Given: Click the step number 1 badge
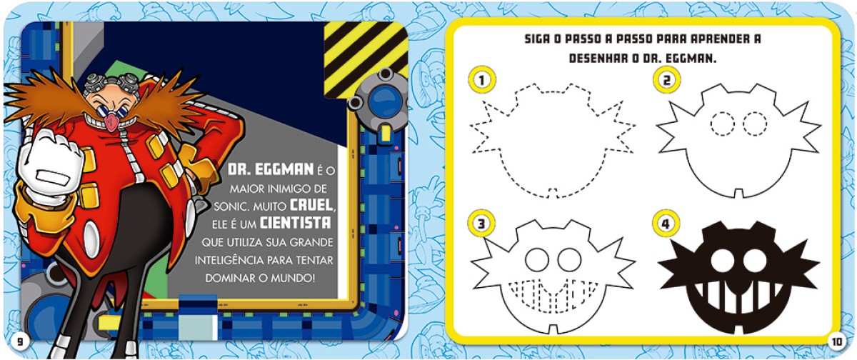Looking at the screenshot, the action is tap(482, 80).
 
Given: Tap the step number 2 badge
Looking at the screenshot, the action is tap(666, 80).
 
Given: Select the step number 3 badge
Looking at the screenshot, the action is tap(481, 224).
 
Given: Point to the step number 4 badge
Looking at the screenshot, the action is tap(666, 224).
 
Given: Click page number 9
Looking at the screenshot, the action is tap(20, 341).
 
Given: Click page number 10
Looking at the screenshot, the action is tap(836, 341).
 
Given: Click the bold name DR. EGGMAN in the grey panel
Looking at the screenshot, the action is tap(271, 169).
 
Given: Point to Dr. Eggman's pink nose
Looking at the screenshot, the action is tap(111, 121).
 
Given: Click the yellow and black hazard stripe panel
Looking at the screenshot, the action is tap(366, 58).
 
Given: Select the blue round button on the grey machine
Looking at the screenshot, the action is tap(384, 101).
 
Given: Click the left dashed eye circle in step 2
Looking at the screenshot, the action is tap(722, 124).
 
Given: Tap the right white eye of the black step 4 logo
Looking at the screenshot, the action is tap(755, 261).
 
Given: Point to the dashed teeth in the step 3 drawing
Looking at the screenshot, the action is tap(550, 296).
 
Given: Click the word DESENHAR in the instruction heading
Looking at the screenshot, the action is tap(596, 59).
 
